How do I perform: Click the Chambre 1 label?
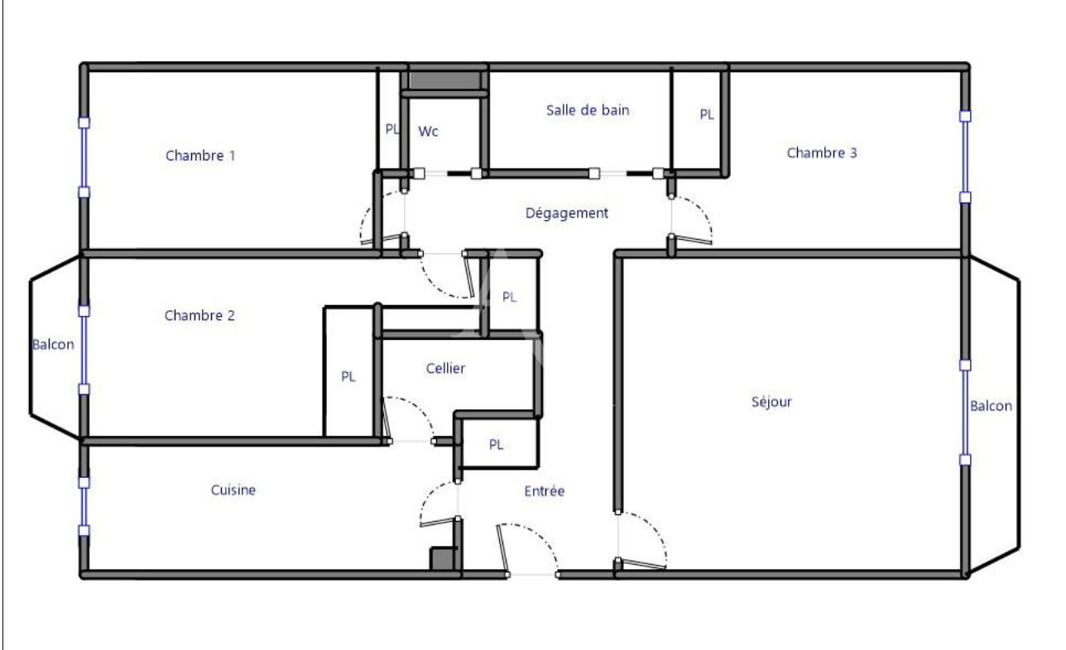click(200, 155)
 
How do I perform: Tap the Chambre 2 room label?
click(199, 315)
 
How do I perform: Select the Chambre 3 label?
click(822, 153)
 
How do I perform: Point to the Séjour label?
click(771, 402)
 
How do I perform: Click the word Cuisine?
click(233, 490)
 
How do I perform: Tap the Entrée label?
click(545, 491)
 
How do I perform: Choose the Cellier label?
click(445, 368)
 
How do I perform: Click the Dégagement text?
click(567, 213)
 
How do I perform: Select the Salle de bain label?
click(588, 110)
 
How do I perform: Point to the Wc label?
click(428, 131)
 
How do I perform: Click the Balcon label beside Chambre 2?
click(53, 345)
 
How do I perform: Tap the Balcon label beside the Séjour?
click(991, 406)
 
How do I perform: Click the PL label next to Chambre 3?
click(707, 115)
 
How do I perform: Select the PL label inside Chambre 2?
click(348, 376)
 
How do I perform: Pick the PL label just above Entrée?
click(496, 444)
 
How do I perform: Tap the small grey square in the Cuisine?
click(442, 559)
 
